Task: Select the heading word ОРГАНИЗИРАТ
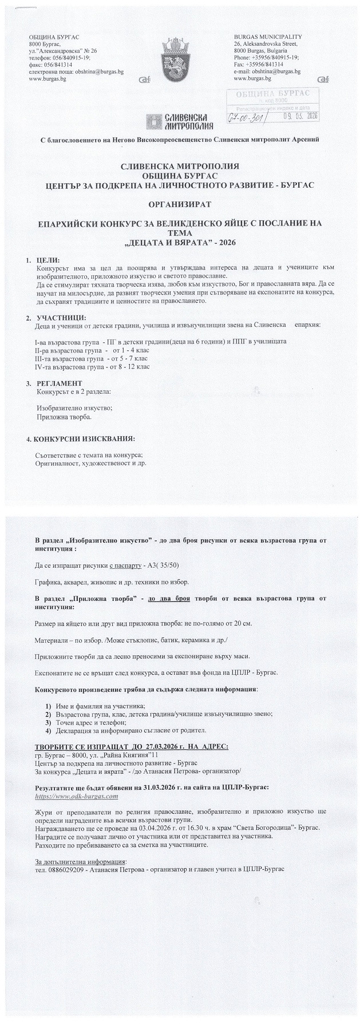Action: (180, 203)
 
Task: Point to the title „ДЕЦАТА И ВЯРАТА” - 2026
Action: (180, 242)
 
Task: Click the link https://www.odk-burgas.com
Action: (76, 796)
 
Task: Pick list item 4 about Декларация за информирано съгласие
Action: (125, 730)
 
